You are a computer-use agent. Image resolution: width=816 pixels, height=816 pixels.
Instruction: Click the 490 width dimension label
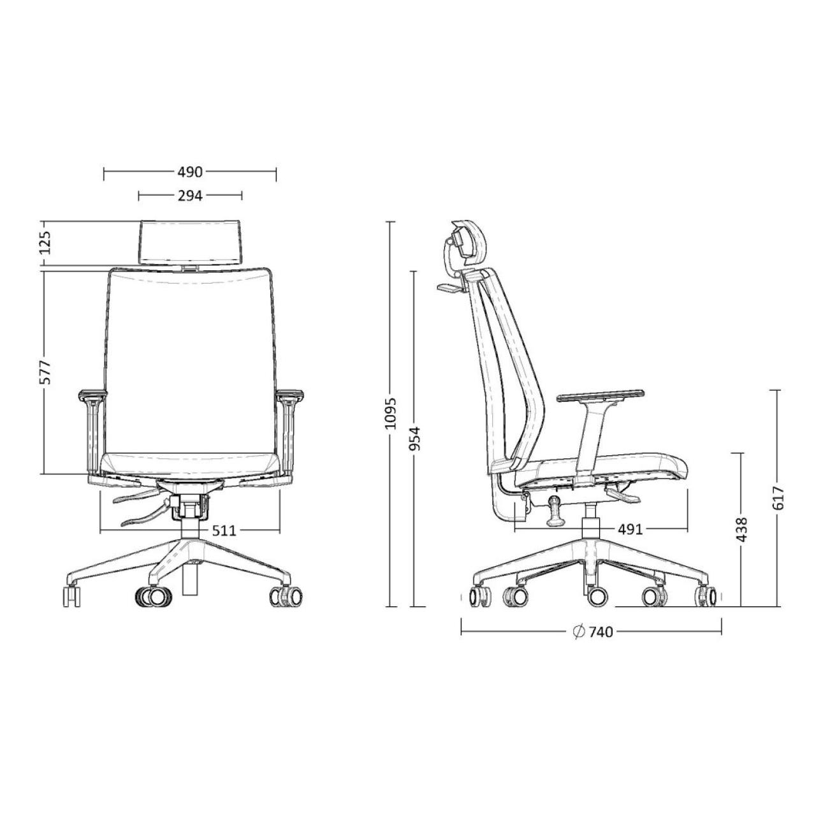click(x=190, y=172)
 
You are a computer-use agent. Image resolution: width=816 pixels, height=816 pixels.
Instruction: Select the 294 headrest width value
click(x=190, y=196)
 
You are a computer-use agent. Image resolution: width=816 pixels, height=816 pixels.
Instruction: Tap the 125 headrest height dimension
click(x=47, y=243)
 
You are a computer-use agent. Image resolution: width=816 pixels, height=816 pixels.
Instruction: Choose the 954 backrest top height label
click(x=416, y=437)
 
